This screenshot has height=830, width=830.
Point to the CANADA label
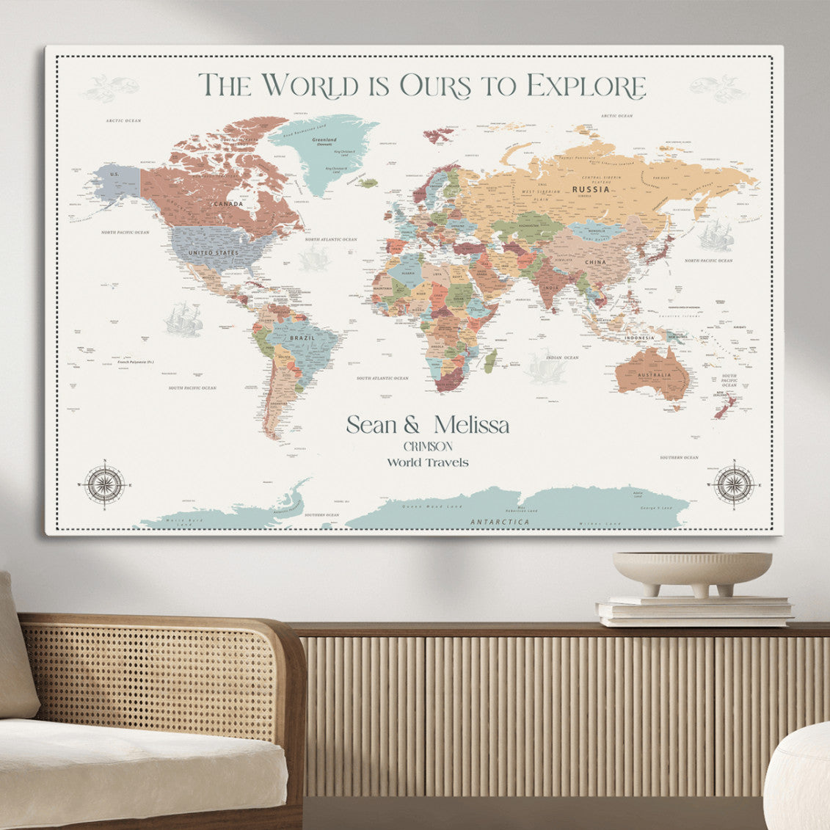pos(227,203)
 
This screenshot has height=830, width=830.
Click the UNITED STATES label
pos(213,253)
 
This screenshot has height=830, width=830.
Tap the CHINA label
pos(595,261)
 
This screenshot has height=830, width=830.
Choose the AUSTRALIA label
pos(654,375)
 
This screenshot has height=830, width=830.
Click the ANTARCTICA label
pos(500,522)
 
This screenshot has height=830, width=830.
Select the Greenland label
pos(324,139)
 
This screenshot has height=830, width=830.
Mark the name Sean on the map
pos(373,425)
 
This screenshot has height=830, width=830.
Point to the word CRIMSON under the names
pos(428,446)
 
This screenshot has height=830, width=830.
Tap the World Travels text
pos(428,462)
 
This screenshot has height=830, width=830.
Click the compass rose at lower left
pos(103,484)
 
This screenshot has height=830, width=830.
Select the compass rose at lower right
pos(734,484)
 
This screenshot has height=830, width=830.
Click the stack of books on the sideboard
pos(694,611)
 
